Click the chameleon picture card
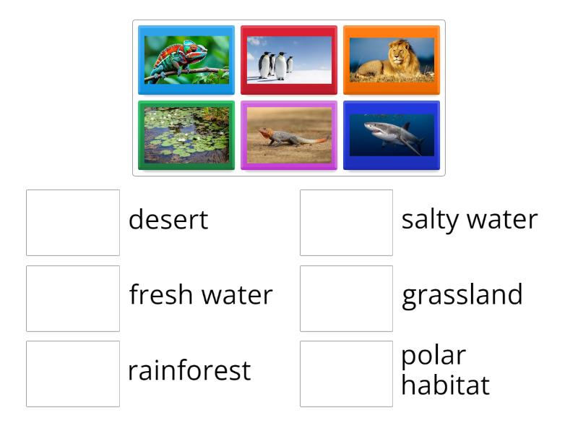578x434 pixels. tap(186, 60)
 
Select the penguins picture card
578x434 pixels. tap(289, 60)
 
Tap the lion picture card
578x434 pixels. tap(392, 60)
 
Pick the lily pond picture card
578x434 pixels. tap(186, 135)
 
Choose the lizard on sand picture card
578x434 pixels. tap(289, 135)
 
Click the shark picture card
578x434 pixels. tap(392, 135)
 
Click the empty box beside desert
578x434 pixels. tap(73, 223)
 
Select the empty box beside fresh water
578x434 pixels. tap(73, 298)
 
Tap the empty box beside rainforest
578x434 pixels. tap(73, 373)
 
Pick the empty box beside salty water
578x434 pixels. tap(346, 223)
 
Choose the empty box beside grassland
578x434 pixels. tap(346, 298)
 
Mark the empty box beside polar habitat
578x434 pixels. tap(346, 373)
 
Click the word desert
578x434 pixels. tap(168, 220)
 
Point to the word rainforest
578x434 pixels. tap(189, 370)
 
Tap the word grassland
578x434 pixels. tap(462, 295)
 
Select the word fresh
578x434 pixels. tap(162, 294)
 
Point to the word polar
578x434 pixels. tap(433, 356)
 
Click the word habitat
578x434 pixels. tap(445, 385)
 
